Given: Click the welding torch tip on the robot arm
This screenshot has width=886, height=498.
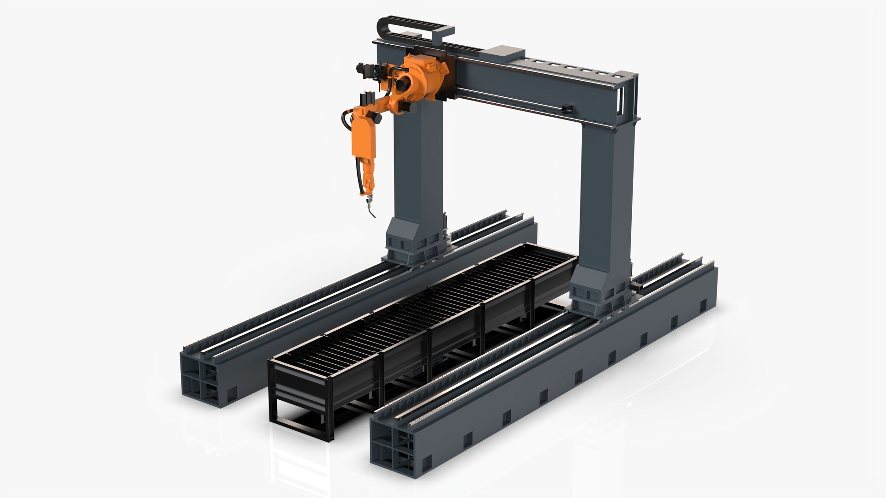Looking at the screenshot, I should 371,213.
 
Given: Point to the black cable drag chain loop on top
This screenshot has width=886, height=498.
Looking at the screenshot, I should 415,28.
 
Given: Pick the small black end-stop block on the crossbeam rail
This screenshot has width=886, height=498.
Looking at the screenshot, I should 568,109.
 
